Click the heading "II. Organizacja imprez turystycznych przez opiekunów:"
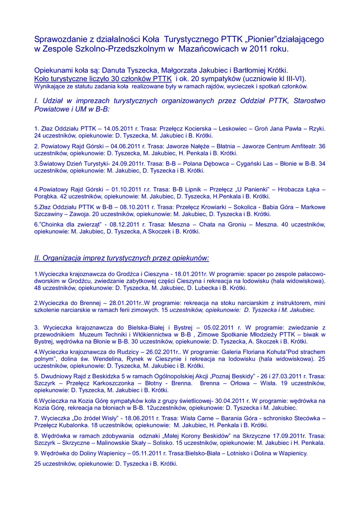pyautogui.click(x=122, y=258)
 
